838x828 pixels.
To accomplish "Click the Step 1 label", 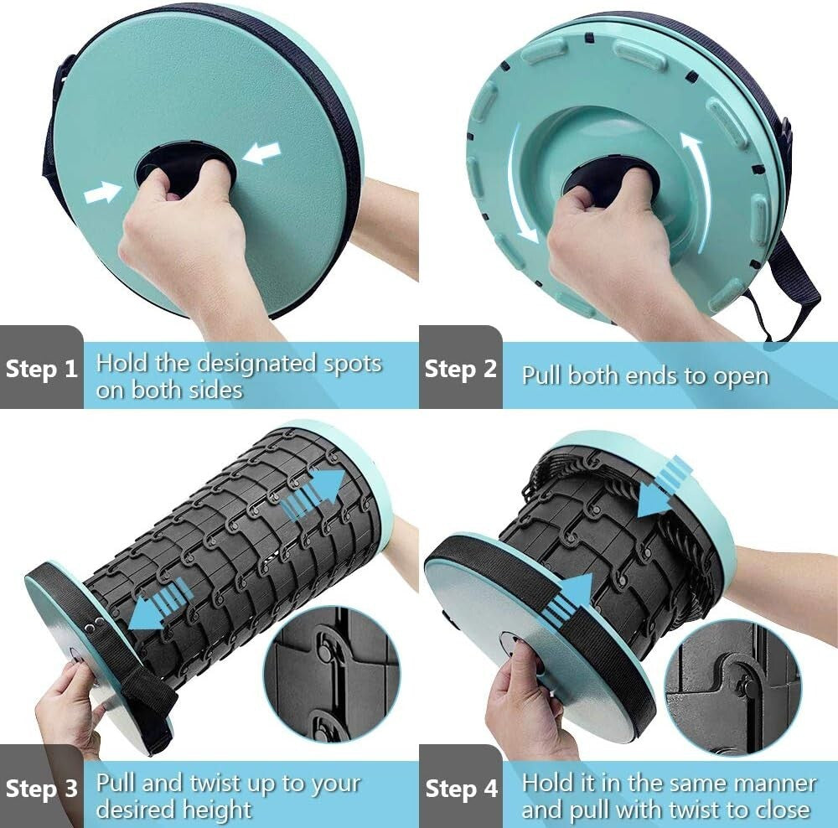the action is (42, 369).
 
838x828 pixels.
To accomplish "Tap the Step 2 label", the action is (461, 369).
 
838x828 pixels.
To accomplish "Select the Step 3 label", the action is (42, 789).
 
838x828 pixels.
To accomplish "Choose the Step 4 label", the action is (461, 789).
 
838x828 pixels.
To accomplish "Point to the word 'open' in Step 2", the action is (742, 377).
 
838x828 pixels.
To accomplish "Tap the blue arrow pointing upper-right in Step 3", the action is (313, 493).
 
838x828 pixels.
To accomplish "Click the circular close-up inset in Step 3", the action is (332, 675).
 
